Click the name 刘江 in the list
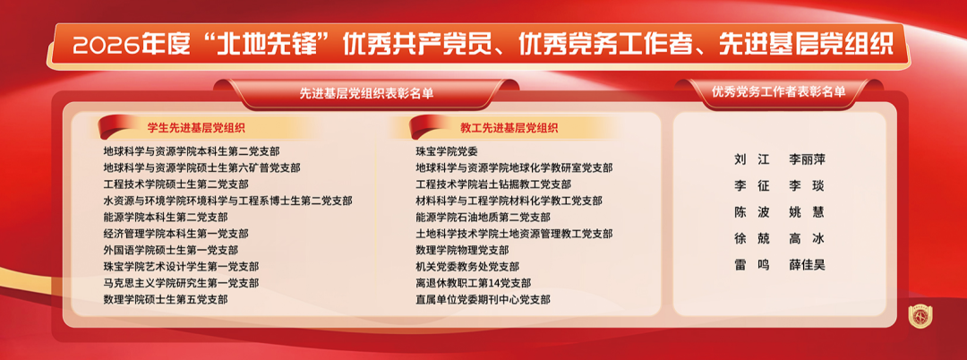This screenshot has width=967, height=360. click(x=752, y=159)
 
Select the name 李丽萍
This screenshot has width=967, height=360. click(x=807, y=159)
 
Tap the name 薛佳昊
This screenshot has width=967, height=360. click(x=807, y=265)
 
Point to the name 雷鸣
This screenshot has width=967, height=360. click(x=752, y=265)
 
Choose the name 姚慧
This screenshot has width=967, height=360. click(x=807, y=212)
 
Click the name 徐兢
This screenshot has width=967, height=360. click(x=752, y=238)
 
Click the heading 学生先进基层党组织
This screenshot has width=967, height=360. click(x=196, y=128)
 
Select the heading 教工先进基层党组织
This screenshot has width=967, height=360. click(x=509, y=128)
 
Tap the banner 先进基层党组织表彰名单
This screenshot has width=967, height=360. click(x=366, y=94)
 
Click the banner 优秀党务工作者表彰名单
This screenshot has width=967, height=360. click(x=779, y=92)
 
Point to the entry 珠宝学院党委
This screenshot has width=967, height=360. click(x=447, y=151)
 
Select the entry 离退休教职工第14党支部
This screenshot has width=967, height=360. click(x=473, y=283)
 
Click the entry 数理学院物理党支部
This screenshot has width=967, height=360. click(x=463, y=250)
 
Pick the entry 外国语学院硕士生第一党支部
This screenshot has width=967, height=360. click(x=171, y=250)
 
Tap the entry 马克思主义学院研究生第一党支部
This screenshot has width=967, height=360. click(x=181, y=283)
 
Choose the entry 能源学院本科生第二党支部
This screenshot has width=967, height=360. click(x=166, y=217)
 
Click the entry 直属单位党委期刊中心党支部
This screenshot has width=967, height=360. click(x=483, y=300)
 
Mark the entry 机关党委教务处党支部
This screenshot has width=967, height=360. click(x=467, y=267)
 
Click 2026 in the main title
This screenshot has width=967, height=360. click(x=106, y=46)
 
